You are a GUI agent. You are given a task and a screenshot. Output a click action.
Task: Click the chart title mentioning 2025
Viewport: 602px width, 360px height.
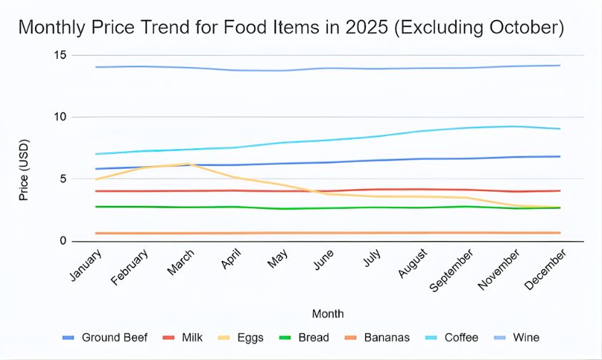pos(291,27)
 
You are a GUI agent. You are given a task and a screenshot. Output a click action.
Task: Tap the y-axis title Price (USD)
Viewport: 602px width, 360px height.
pos(24,148)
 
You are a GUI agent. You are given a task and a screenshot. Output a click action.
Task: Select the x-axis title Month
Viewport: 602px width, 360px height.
pos(327,314)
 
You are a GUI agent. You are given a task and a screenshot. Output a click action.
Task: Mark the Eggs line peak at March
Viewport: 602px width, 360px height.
pos(189,164)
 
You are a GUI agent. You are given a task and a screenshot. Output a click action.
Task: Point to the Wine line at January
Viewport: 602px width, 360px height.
pos(96,67)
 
